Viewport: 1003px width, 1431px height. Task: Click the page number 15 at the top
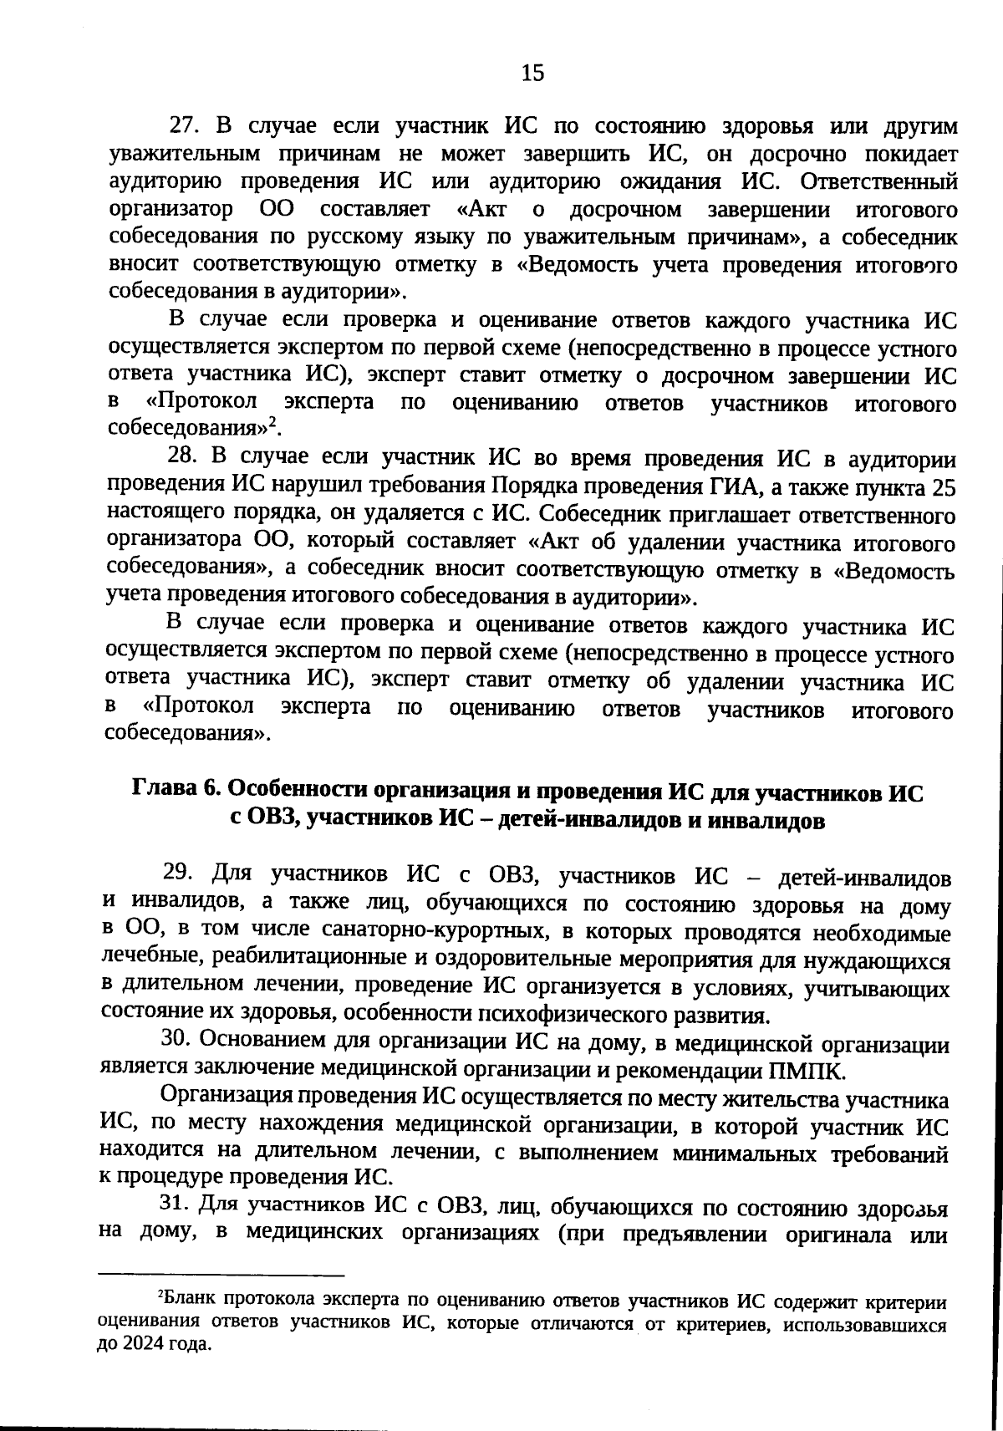(x=532, y=74)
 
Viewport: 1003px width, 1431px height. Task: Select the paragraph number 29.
(x=179, y=872)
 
